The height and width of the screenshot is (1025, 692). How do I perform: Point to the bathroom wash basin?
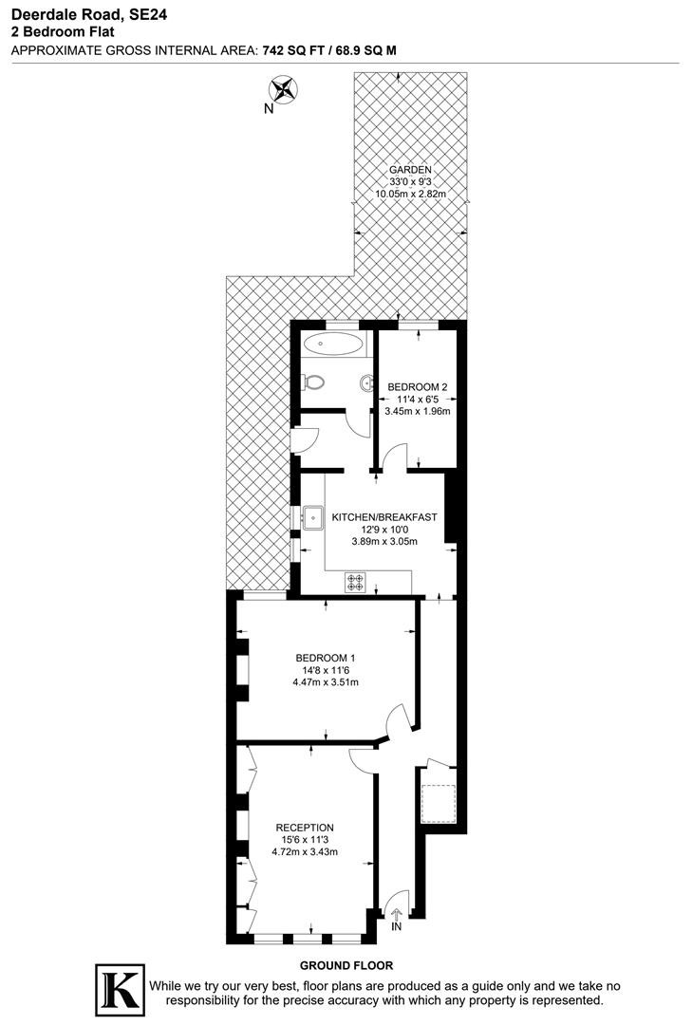365,383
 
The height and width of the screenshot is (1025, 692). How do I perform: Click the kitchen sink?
312,517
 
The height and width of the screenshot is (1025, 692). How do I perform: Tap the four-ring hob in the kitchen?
356,583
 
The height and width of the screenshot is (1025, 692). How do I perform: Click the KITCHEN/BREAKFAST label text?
384,517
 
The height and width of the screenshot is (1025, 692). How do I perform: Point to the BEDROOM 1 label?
326,658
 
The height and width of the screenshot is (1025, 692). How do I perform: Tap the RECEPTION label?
305,828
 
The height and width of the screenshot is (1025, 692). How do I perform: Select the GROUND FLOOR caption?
346,965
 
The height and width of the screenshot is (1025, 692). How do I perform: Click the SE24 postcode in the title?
148,14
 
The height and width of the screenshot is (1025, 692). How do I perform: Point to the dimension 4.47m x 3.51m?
326,682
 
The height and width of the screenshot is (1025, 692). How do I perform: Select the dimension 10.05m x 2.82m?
410,195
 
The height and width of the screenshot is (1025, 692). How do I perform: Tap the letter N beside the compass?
269,109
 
